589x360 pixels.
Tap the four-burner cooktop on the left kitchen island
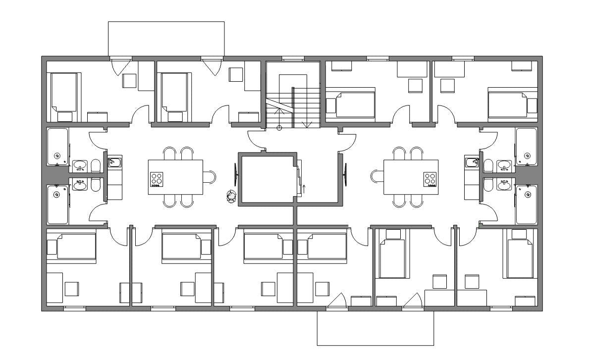tap(157, 179)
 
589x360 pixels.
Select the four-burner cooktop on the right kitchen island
tap(430, 179)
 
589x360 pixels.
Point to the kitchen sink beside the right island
tap(471, 162)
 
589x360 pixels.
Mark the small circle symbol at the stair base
tap(279, 128)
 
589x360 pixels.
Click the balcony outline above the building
tap(166, 39)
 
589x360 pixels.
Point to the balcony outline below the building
tap(375, 328)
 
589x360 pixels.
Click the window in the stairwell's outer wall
tap(292, 58)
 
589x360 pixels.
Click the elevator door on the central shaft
tap(299, 178)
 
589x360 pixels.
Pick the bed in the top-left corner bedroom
tap(64, 92)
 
